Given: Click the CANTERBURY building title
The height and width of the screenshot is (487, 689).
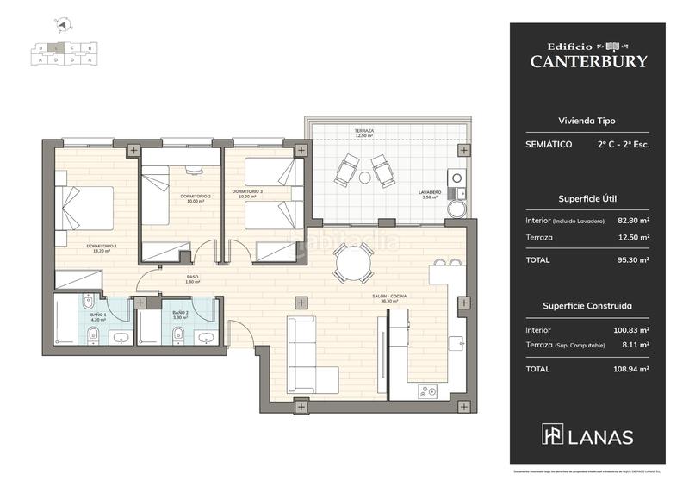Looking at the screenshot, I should click(587, 61).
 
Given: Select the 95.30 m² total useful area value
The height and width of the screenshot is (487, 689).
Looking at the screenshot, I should click(633, 259).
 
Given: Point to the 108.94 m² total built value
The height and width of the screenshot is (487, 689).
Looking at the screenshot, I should click(632, 369).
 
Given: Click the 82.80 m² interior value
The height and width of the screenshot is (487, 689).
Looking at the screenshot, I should click(633, 220).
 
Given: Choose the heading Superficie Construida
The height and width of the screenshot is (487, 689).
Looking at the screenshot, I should click(587, 305).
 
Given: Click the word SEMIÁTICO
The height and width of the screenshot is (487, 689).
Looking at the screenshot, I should click(549, 145).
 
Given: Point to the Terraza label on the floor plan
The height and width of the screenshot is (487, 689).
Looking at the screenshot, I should click(363, 132).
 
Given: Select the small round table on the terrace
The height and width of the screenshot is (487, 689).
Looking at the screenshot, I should click(365, 178).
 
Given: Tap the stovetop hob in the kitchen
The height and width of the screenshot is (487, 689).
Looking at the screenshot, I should click(427, 391).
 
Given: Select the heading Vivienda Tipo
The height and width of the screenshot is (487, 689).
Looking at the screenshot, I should click(587, 122).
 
